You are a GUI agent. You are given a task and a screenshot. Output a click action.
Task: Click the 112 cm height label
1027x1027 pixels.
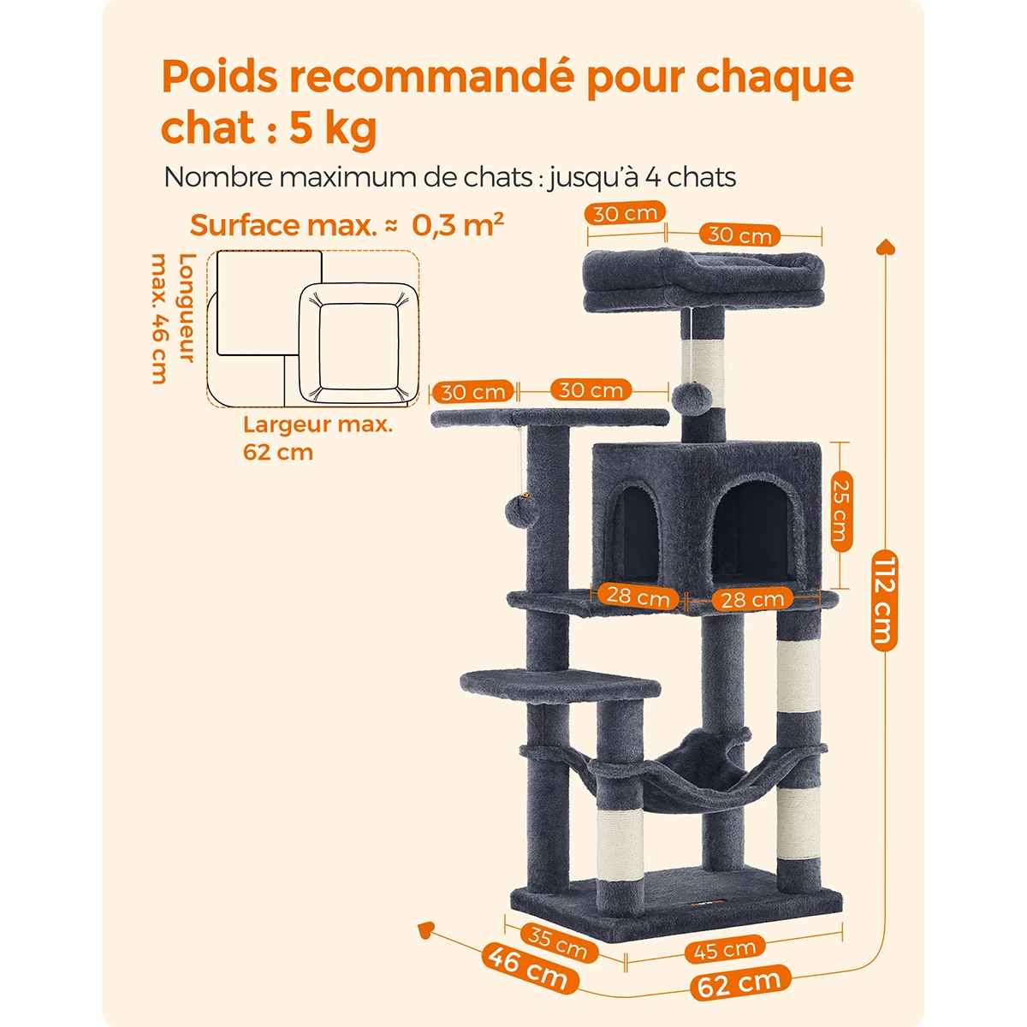[x=884, y=601]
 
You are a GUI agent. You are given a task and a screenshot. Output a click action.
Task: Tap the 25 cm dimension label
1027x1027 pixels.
[x=842, y=511]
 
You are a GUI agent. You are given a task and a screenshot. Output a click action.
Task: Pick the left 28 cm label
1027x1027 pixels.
[x=638, y=597]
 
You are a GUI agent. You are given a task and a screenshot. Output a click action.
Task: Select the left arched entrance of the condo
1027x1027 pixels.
[x=635, y=533]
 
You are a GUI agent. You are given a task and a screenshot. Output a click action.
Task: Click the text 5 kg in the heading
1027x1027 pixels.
[x=333, y=128]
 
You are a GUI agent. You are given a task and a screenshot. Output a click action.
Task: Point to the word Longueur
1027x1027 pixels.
[x=187, y=308]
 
